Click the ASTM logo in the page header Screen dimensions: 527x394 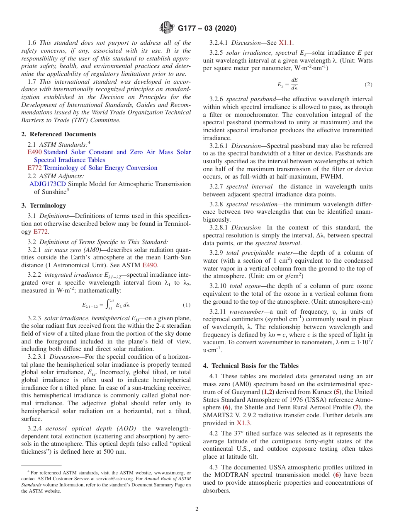click(x=167, y=28)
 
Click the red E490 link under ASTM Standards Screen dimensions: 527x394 click(x=34, y=152)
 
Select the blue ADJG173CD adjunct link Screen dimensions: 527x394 click(x=48, y=184)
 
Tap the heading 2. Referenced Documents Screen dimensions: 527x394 click(x=59, y=134)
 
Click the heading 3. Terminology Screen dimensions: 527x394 click(x=44, y=205)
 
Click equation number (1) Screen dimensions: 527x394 click(x=187, y=305)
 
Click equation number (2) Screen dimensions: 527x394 click(x=368, y=85)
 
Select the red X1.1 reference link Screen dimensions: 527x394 click(x=286, y=42)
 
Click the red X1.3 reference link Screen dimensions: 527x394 click(x=243, y=423)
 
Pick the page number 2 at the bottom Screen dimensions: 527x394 click(x=197, y=509)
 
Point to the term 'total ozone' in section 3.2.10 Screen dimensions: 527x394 click(x=243, y=286)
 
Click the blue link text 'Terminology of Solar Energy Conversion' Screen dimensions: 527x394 click(x=100, y=168)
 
